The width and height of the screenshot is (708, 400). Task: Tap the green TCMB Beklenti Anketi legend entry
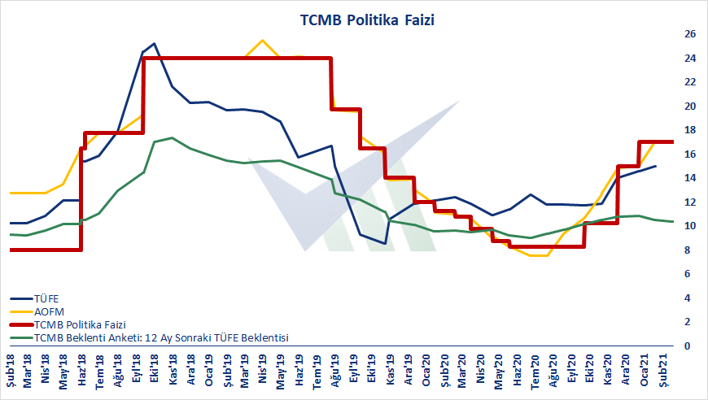(x=150, y=337)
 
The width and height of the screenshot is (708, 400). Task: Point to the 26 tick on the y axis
(x=690, y=34)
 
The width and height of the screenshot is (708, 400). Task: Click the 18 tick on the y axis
(x=690, y=130)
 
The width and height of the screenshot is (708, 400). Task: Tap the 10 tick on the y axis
(x=690, y=226)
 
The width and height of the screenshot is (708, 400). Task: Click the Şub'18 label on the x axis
(x=11, y=371)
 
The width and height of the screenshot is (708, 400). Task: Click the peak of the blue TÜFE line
(x=155, y=43)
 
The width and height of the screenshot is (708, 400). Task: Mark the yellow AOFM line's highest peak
(x=262, y=40)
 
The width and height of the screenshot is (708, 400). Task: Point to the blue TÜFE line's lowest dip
(x=387, y=243)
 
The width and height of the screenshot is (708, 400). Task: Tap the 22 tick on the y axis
(x=690, y=82)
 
